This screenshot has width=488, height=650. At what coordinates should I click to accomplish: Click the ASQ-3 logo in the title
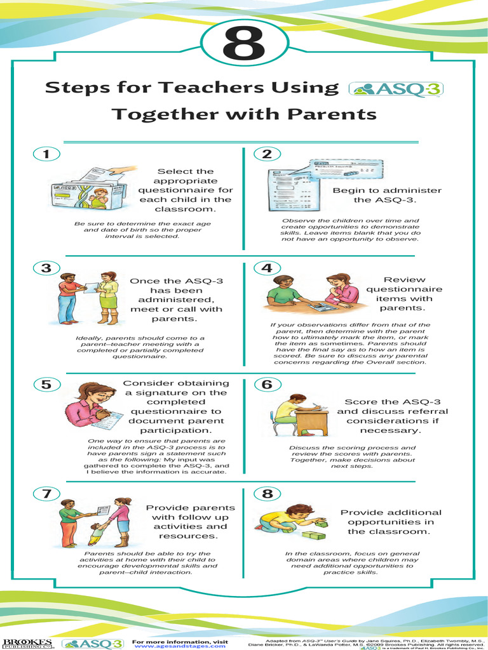click(395, 89)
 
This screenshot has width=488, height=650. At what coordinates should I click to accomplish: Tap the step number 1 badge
click(46, 154)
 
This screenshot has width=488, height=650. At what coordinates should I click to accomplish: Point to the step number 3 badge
click(46, 268)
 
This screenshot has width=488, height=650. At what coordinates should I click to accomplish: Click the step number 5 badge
click(46, 384)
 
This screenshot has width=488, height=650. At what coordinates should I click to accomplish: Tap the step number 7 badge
click(46, 493)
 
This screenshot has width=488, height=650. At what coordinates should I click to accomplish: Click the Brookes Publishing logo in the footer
click(27, 643)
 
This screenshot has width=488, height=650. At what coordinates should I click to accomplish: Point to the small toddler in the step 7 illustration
click(96, 534)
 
